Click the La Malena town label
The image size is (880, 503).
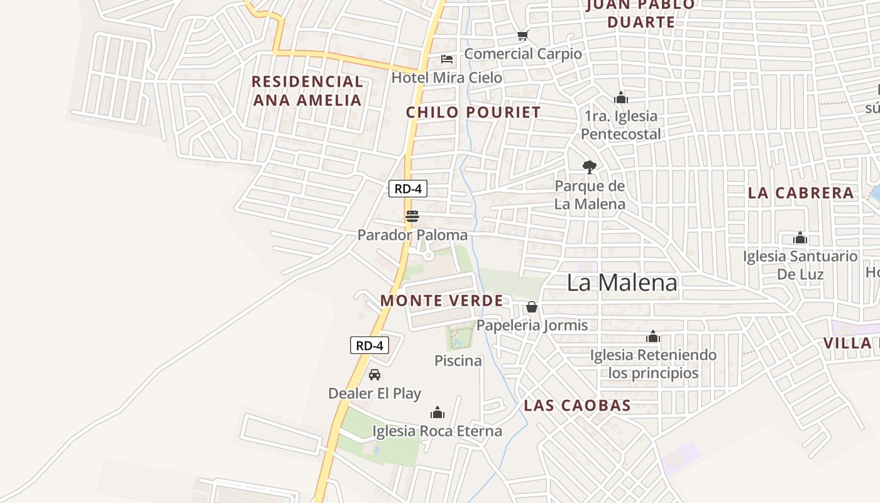[622, 283]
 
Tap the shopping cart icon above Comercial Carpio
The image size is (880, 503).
[522, 35]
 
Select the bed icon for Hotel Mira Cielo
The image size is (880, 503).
[447, 59]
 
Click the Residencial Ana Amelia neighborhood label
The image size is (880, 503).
[307, 91]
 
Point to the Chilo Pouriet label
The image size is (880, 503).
[473, 113]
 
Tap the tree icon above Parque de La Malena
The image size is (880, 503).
[589, 167]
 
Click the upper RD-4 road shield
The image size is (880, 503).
[407, 189]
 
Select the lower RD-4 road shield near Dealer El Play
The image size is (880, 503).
[369, 345]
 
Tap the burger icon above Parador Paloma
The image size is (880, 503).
[412, 217]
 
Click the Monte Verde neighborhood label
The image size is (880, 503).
[441, 301]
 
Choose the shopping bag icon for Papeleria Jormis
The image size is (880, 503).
[532, 307]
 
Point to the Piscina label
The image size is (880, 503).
[458, 361]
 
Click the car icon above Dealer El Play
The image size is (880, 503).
[375, 375]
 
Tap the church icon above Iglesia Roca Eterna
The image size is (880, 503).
[437, 412]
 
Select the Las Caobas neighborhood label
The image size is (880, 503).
[577, 406]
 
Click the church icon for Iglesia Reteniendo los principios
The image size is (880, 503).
[653, 336]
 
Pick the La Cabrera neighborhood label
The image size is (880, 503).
[801, 193]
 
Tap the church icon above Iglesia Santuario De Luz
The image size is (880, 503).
[800, 238]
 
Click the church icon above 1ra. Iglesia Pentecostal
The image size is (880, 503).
[621, 97]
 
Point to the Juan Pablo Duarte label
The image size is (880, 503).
[641, 14]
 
